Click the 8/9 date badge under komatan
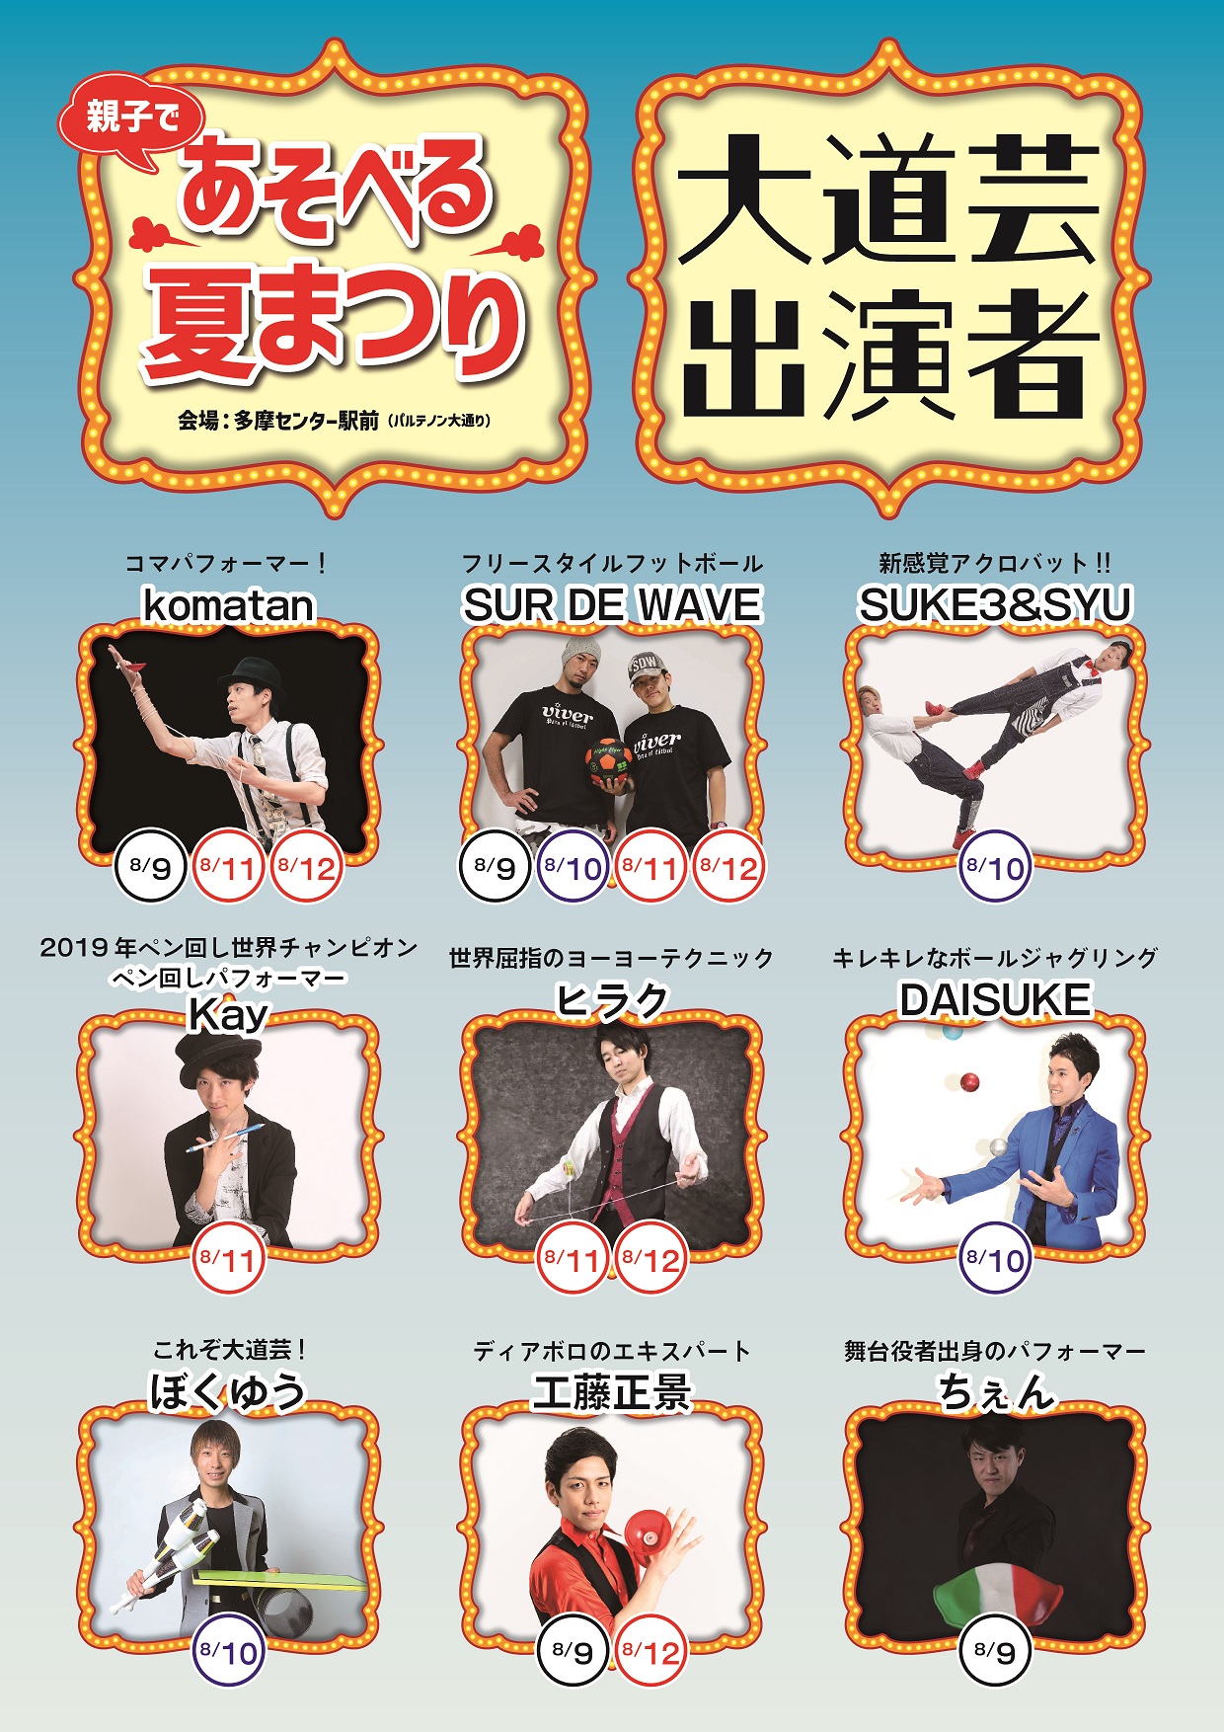(150, 867)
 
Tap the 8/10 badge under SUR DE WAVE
(574, 867)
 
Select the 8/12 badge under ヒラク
(651, 1259)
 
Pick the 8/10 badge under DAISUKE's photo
(995, 1259)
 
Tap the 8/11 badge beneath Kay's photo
(228, 1259)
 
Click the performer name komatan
(228, 604)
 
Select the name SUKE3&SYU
(995, 604)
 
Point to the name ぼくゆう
(228, 1392)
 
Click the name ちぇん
(995, 1392)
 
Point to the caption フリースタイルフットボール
(612, 564)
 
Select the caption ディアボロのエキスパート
(612, 1351)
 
